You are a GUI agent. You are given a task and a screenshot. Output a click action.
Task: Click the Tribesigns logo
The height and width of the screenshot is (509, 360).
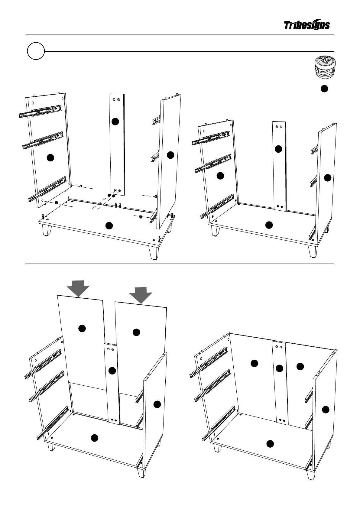click(307, 25)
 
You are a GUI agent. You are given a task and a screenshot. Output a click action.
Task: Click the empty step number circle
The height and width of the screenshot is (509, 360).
click(36, 51)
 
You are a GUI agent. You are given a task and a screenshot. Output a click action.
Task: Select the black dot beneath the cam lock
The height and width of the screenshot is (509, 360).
click(324, 89)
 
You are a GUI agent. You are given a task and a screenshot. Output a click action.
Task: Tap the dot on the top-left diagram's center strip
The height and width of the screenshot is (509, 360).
click(115, 122)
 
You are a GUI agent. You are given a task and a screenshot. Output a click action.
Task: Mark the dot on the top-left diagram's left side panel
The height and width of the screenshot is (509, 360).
click(50, 157)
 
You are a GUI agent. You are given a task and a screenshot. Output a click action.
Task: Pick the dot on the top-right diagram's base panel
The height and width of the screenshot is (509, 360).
click(269, 225)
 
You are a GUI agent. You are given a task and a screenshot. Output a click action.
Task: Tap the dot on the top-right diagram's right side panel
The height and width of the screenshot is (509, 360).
click(327, 178)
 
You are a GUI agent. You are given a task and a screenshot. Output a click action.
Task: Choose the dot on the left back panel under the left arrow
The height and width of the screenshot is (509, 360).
click(82, 329)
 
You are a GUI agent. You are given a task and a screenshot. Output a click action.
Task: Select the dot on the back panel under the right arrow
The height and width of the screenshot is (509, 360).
click(136, 332)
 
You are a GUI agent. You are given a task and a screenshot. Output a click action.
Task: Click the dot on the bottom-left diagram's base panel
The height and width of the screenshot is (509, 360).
click(95, 438)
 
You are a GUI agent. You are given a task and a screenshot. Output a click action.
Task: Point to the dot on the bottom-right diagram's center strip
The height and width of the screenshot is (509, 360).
click(279, 368)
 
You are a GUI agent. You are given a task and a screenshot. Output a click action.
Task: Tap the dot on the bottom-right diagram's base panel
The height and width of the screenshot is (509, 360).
click(270, 443)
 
